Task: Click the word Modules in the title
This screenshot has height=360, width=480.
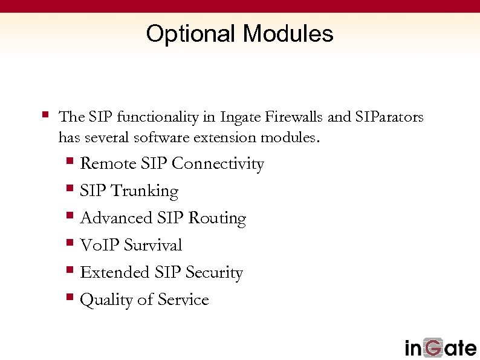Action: [x=288, y=34]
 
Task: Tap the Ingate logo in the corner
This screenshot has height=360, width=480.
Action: [x=440, y=348]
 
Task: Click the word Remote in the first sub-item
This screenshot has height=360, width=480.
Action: [x=108, y=164]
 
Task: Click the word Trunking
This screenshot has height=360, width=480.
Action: [x=146, y=192]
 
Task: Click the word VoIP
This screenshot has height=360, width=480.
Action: [x=100, y=245]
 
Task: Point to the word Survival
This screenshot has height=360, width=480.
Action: [x=153, y=245]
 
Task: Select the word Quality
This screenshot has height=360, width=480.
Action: [x=104, y=300]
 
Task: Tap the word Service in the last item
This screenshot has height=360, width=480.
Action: [x=183, y=299]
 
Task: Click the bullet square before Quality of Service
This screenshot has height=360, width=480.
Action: [x=70, y=298]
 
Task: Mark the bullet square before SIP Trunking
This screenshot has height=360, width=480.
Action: [x=70, y=189]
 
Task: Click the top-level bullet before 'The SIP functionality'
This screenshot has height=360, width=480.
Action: [x=45, y=114]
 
